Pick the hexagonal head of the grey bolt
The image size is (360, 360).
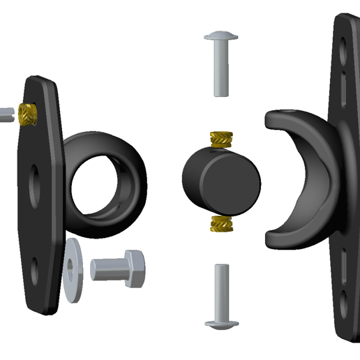(133, 267)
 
